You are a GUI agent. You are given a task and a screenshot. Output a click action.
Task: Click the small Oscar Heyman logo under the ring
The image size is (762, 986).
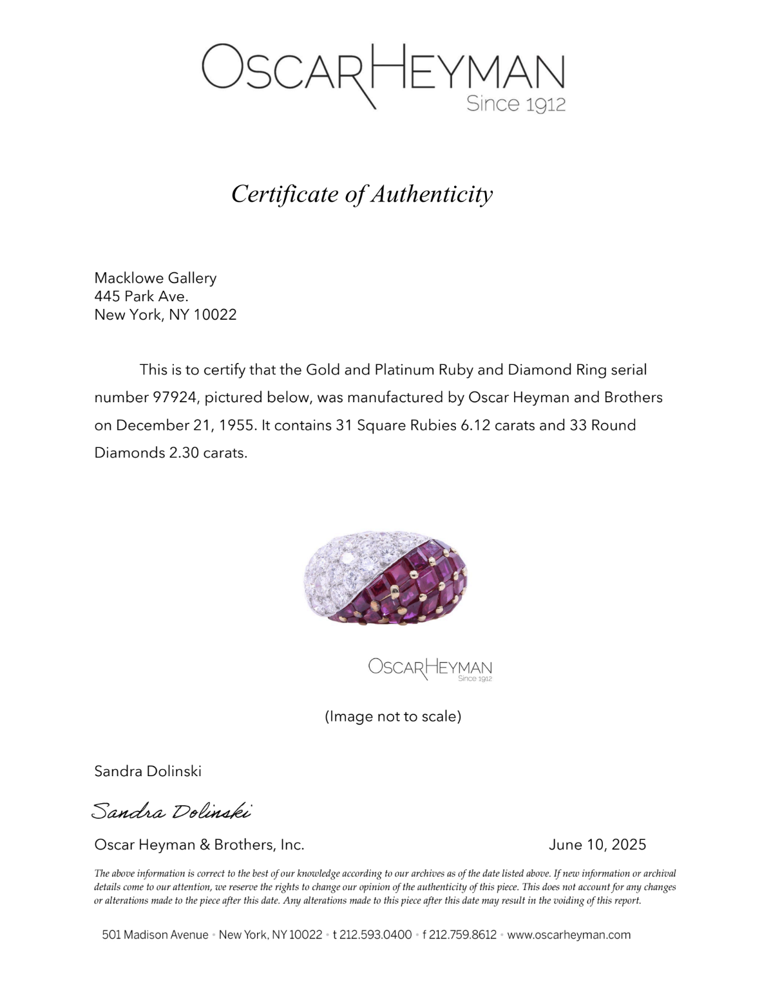[x=430, y=668]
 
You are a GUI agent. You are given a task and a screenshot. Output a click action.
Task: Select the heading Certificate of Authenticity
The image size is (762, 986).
[x=362, y=194]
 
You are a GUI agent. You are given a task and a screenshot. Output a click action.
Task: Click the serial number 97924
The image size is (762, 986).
[x=174, y=397]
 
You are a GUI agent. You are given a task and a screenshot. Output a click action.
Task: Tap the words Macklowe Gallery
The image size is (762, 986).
[x=155, y=278]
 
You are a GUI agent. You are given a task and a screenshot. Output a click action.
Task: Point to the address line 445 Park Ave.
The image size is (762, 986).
[x=141, y=296]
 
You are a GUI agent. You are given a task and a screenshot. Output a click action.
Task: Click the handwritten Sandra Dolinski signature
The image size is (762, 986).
[x=171, y=811]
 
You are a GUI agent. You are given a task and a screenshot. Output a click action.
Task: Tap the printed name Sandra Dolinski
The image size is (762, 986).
[x=148, y=771]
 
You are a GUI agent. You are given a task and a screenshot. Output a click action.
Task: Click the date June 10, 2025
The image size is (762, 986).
[x=597, y=844]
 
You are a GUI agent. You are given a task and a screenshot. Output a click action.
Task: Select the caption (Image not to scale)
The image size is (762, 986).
[x=393, y=716]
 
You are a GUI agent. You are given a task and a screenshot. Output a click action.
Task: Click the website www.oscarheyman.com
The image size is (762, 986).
[x=569, y=935]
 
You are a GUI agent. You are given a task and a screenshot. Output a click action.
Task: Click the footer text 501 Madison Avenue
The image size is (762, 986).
[x=155, y=935]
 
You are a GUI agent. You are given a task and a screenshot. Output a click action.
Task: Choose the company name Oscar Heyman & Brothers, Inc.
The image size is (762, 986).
[x=199, y=844]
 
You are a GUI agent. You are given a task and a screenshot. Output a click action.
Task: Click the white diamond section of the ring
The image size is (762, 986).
[x=341, y=570]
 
